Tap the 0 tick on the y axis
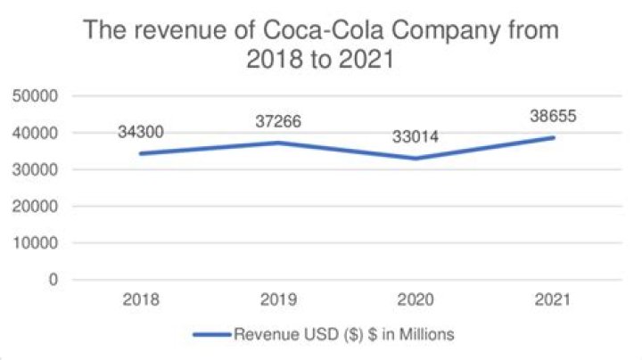53,279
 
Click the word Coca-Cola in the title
314,33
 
